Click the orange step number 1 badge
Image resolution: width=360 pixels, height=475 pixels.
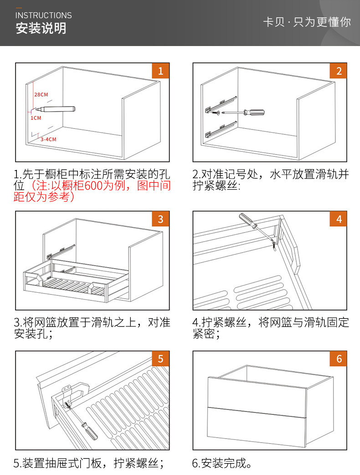point(160,71)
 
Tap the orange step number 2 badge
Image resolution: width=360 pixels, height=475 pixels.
point(339,71)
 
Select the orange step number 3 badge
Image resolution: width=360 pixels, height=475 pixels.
point(160,219)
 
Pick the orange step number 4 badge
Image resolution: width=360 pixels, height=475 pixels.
point(339,219)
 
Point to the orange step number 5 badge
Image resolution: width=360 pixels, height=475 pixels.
point(160,359)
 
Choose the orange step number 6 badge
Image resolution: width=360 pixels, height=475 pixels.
point(339,359)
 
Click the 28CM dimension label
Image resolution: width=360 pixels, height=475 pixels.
point(41,95)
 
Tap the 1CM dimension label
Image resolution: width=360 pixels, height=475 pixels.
point(36,118)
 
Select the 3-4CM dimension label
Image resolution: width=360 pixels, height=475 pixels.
point(48,139)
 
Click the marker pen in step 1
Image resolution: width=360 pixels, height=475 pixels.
point(57,109)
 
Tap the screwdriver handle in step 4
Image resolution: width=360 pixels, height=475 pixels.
point(246,220)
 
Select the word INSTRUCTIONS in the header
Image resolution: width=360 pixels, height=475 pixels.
point(44,15)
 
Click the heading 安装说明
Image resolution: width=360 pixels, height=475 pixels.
point(41,28)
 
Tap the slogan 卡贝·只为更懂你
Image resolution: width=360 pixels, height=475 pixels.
point(307,22)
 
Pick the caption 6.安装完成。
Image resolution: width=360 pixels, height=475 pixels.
point(222,464)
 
